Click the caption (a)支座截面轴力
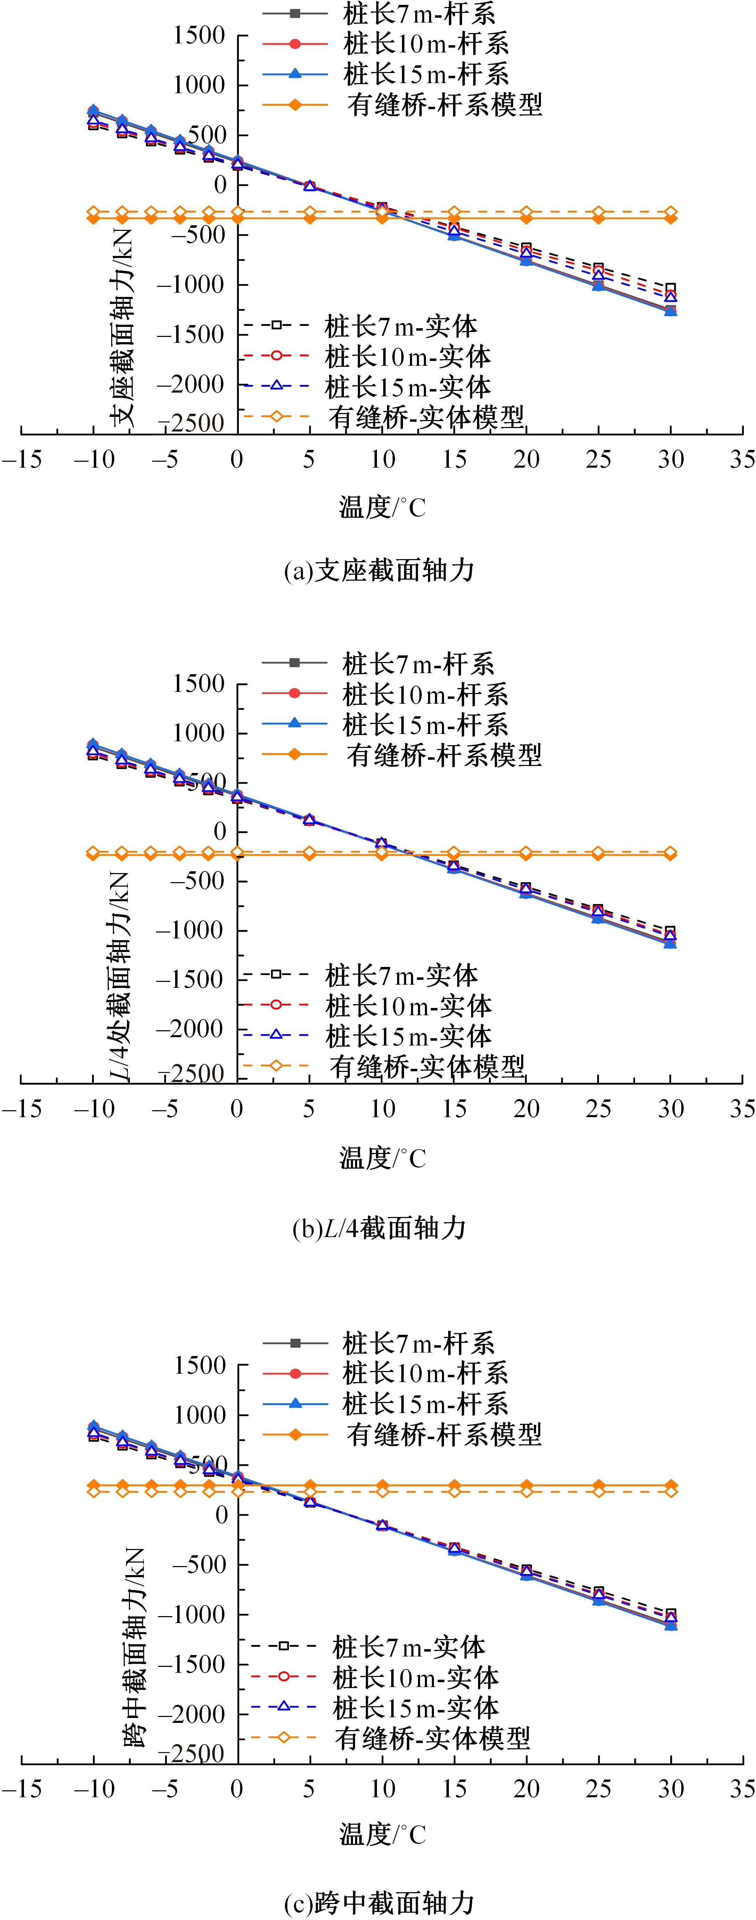379,571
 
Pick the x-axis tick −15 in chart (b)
22,1108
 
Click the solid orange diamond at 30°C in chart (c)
670,1485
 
